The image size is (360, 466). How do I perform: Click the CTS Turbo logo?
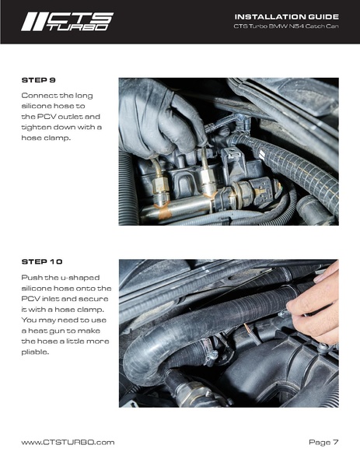(x=67, y=22)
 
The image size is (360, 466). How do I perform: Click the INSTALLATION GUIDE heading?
(x=287, y=16)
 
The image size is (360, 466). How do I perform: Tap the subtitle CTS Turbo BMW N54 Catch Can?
(x=286, y=26)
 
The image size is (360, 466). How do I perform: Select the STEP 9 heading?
(x=39, y=80)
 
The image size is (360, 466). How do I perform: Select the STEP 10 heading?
(x=42, y=262)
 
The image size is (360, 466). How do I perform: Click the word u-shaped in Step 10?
(x=80, y=278)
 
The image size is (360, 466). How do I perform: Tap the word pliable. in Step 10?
(x=35, y=352)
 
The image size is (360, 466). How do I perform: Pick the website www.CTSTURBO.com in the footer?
(x=68, y=442)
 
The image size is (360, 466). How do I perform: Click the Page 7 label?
(x=323, y=443)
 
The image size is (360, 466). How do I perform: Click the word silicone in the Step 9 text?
(x=34, y=106)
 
